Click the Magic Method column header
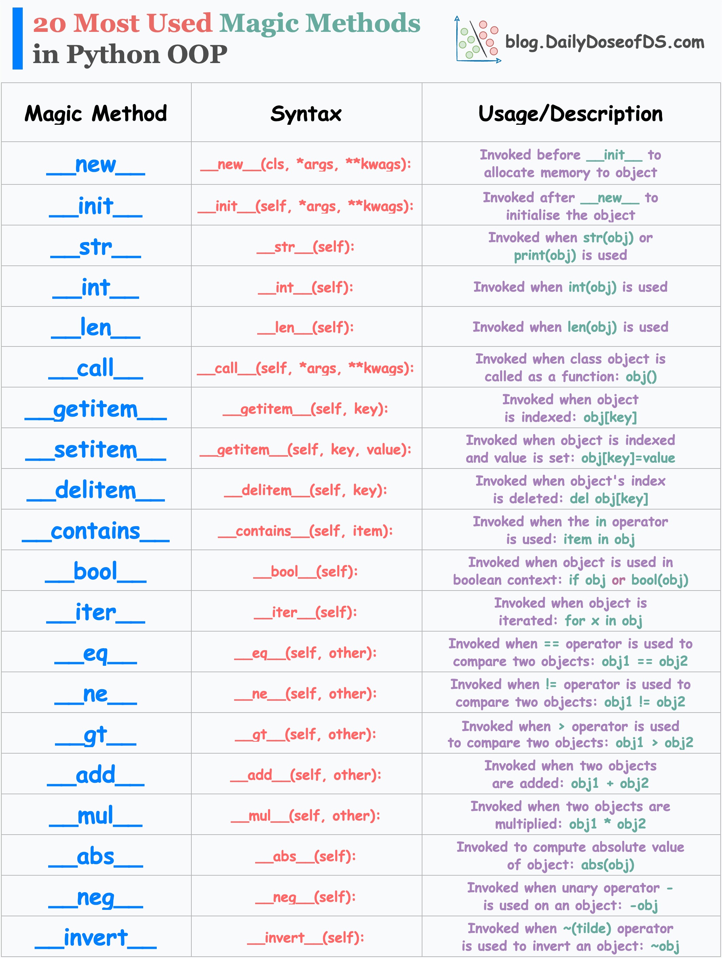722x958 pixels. click(96, 114)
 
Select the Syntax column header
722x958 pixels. click(306, 114)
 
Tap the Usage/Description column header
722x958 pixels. click(571, 114)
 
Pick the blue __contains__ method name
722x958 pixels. click(96, 532)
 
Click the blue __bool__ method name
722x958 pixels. click(96, 572)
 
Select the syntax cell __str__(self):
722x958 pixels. click(306, 247)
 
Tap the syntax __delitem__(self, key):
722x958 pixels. click(306, 491)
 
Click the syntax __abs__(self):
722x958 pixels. click(306, 856)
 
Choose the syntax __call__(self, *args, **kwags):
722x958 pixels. click(306, 368)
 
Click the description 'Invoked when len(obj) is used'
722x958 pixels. click(571, 327)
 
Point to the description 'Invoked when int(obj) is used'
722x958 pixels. click(571, 287)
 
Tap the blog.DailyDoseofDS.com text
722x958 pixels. click(605, 42)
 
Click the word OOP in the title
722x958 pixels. click(197, 55)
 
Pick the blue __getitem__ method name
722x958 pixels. click(96, 410)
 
